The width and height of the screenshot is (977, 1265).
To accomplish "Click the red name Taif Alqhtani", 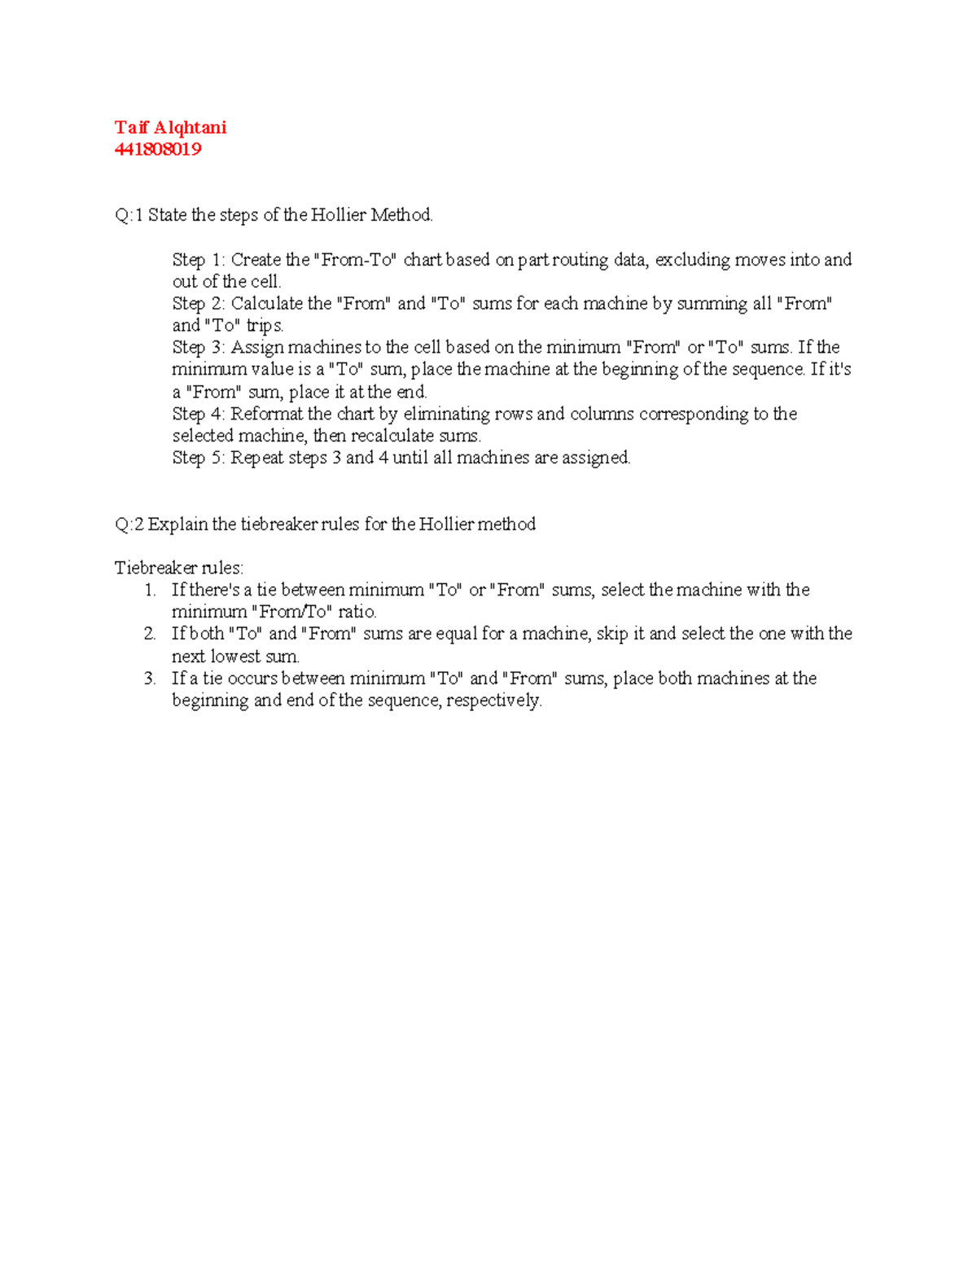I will pyautogui.click(x=170, y=127).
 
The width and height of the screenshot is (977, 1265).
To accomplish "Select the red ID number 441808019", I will pyautogui.click(x=158, y=149).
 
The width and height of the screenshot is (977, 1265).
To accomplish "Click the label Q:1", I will pyautogui.click(x=129, y=215).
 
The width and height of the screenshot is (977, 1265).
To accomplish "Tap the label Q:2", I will pyautogui.click(x=129, y=524).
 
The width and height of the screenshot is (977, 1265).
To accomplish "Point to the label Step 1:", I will pyautogui.click(x=199, y=260).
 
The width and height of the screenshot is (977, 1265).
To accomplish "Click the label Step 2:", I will pyautogui.click(x=199, y=304).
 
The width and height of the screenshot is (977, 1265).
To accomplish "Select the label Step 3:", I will pyautogui.click(x=199, y=348).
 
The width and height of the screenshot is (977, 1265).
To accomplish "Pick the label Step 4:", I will pyautogui.click(x=199, y=414).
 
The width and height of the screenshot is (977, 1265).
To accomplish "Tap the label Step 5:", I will pyautogui.click(x=199, y=458).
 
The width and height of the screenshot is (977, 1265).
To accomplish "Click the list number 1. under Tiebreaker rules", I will pyautogui.click(x=150, y=590).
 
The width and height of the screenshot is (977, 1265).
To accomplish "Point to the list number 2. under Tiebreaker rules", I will pyautogui.click(x=150, y=634).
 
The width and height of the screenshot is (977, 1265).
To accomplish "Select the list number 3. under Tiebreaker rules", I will pyautogui.click(x=150, y=679).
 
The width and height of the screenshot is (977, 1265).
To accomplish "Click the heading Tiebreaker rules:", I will pyautogui.click(x=179, y=568).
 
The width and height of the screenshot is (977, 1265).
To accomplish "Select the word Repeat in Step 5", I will pyautogui.click(x=256, y=458).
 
